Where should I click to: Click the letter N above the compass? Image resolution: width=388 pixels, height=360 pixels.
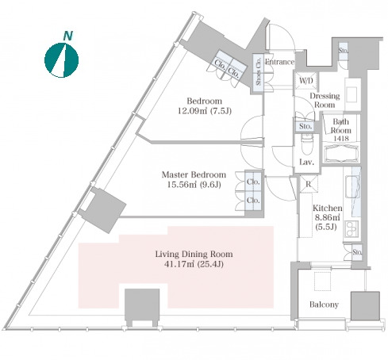point(68,36)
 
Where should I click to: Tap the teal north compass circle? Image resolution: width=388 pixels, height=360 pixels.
point(61,60)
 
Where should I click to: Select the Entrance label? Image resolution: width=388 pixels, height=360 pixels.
point(279,62)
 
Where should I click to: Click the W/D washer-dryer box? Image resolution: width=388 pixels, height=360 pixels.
point(306,81)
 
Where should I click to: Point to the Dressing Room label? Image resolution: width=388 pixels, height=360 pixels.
point(325,100)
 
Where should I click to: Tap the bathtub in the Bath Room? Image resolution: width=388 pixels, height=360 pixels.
point(340,154)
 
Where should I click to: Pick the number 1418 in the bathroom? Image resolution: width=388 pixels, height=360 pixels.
point(341,138)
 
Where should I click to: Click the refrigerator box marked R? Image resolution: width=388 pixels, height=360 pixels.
point(309,184)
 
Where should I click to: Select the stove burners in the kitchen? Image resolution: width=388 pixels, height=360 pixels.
point(352,228)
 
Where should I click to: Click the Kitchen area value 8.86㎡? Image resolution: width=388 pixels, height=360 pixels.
point(327,217)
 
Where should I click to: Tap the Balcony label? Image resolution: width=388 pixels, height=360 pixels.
point(324,304)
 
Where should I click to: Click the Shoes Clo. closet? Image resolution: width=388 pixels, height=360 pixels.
point(259,73)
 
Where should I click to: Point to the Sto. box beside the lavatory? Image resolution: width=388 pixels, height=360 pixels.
point(305,126)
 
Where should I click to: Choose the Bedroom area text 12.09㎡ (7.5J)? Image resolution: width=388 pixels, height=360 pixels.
point(205,111)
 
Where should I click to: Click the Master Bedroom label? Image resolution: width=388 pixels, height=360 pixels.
point(194,174)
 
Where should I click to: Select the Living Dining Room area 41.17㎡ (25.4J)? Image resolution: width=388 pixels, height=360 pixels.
point(194,264)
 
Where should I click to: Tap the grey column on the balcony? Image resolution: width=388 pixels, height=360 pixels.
point(365,306)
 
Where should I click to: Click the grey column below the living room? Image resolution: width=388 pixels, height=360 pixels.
point(142,306)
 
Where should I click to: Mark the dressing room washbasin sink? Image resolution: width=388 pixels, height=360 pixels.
point(352,94)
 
